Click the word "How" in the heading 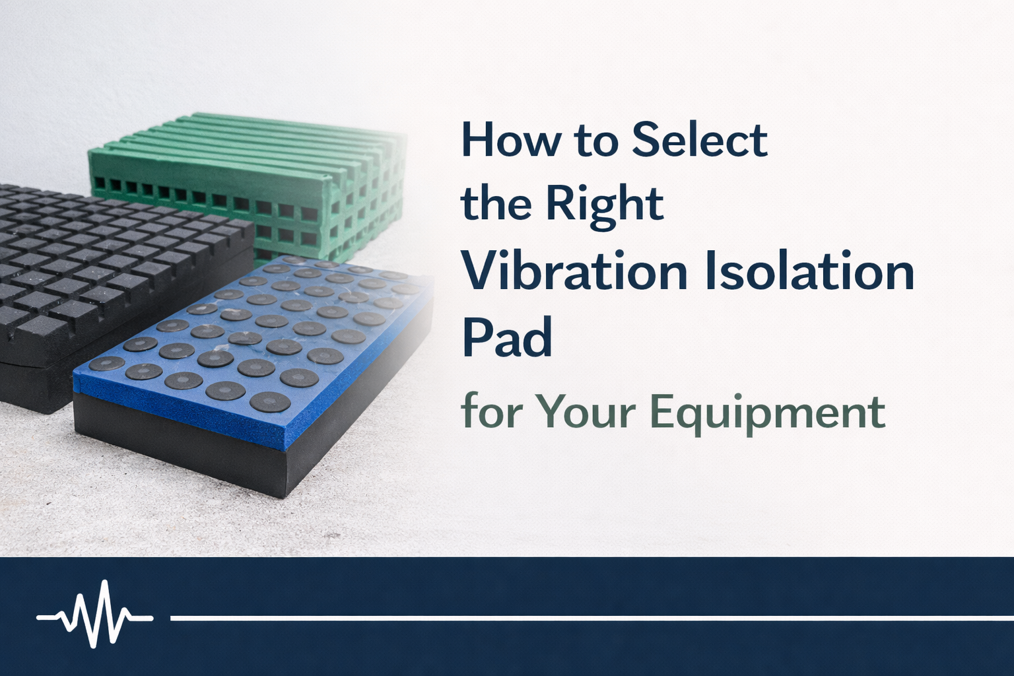pyautogui.click(x=511, y=139)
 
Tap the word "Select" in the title pyautogui.click(x=699, y=139)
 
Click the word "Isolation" pyautogui.click(x=809, y=271)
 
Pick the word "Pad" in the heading pyautogui.click(x=506, y=337)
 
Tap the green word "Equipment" pyautogui.click(x=767, y=411)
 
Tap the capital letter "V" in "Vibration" pyautogui.click(x=477, y=271)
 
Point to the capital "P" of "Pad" pyautogui.click(x=475, y=337)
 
